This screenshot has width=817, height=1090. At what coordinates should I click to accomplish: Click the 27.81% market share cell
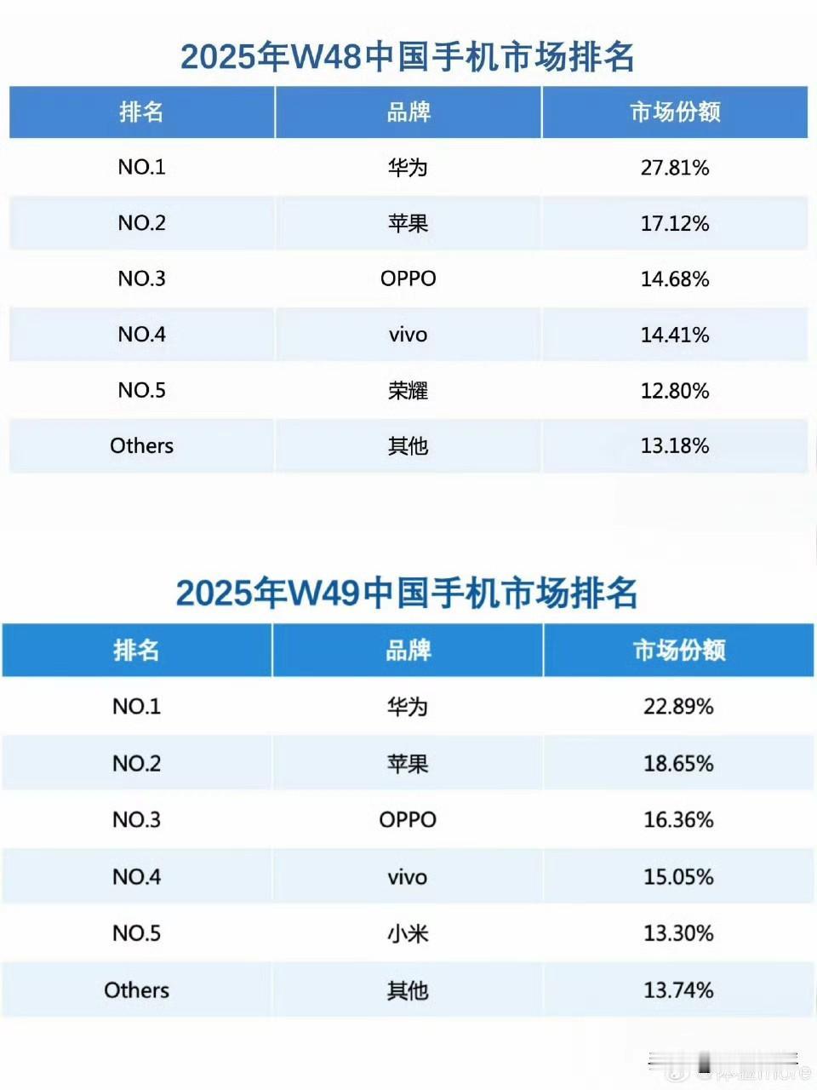point(675,167)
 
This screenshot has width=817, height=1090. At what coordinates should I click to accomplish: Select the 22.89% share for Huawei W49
point(678,706)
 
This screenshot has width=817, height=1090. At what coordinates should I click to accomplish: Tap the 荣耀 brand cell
point(408,390)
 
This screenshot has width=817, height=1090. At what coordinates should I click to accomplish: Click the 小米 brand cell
point(408,933)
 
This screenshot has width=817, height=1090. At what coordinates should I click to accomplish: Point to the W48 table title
point(408,57)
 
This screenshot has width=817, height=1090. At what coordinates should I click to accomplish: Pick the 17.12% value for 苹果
point(675,223)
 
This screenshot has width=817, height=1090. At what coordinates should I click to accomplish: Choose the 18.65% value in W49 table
point(678,763)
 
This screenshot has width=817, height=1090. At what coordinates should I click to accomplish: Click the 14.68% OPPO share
point(675,278)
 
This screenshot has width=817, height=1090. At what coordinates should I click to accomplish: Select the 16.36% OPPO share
point(678,819)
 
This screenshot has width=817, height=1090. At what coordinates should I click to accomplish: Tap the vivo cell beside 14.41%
point(408,335)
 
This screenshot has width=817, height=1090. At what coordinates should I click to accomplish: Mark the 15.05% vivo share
point(678,876)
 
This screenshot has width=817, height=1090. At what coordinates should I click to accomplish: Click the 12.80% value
point(675,390)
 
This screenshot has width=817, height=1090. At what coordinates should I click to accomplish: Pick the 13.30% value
point(678,933)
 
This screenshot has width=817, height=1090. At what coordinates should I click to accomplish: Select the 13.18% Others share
point(675,445)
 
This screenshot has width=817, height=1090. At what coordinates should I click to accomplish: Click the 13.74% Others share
point(678,990)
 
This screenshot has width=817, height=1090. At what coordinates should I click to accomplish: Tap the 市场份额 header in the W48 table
point(675,112)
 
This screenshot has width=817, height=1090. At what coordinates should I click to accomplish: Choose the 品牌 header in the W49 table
point(408,650)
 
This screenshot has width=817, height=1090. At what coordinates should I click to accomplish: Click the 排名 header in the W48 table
point(141,112)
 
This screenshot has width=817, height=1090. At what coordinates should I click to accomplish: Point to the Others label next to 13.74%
point(136,990)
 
